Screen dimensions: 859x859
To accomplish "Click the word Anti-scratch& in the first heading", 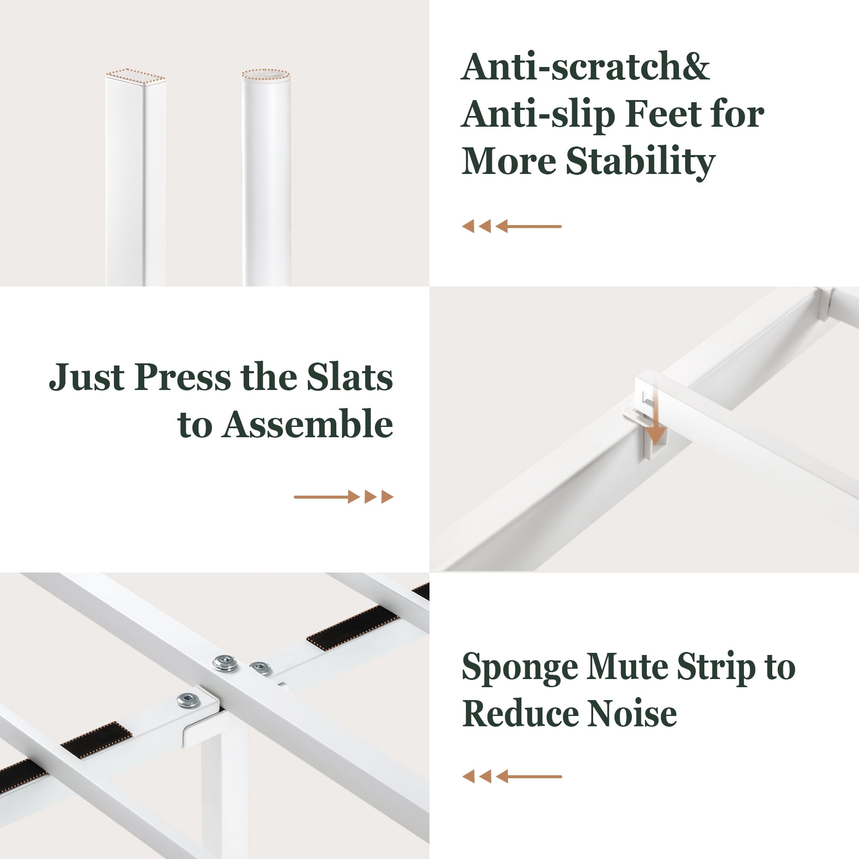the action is (x=585, y=67).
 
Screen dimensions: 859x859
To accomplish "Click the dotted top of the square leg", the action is (x=135, y=76).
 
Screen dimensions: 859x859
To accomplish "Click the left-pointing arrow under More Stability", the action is (x=511, y=226).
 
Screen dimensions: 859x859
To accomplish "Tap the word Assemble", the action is (x=308, y=424).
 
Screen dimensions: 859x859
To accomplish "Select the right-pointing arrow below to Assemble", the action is (x=344, y=497).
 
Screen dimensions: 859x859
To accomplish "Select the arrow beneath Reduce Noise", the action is (x=512, y=777).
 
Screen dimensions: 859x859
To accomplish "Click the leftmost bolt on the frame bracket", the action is (x=188, y=700).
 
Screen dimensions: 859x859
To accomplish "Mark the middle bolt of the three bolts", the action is (x=225, y=664).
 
